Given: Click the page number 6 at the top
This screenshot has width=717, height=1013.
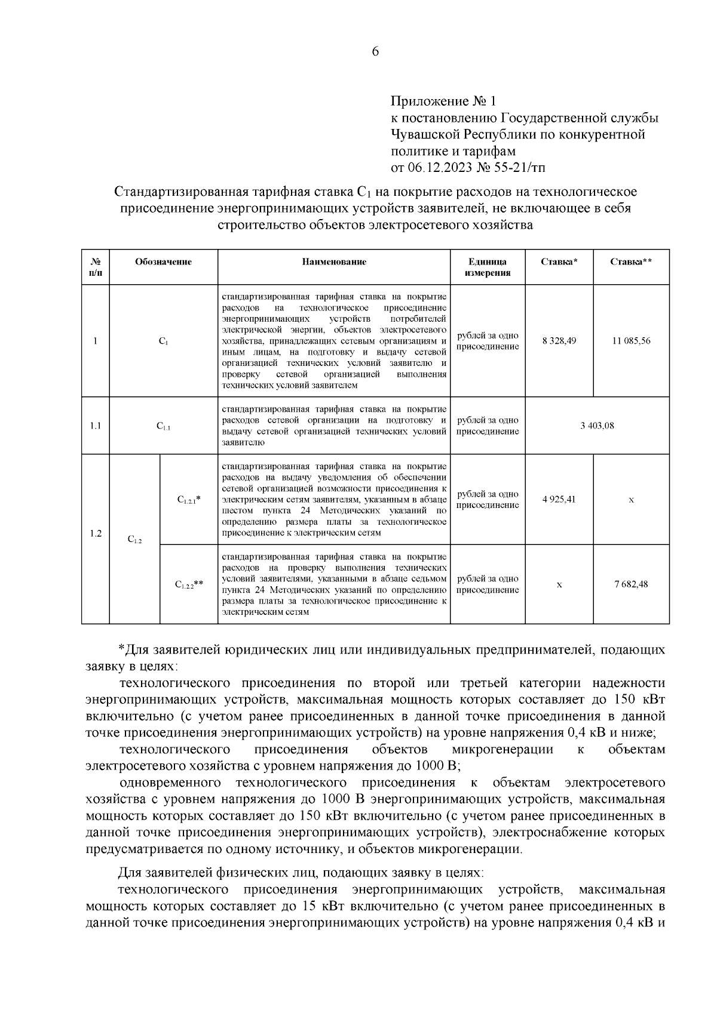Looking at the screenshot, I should [375, 52].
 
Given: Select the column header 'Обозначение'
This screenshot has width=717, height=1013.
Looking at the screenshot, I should [163, 262].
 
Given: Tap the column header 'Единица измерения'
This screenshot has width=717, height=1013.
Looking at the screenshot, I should [487, 267].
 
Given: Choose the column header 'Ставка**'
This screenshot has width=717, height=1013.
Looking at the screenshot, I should [630, 262].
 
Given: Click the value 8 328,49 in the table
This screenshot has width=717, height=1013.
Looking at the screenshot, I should [559, 341].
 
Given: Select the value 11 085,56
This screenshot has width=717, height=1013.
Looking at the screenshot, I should [631, 341].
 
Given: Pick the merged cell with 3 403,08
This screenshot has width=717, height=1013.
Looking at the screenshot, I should [596, 426].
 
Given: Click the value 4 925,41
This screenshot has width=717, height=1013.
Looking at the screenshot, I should [559, 500].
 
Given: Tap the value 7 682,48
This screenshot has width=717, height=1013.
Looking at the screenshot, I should [630, 584].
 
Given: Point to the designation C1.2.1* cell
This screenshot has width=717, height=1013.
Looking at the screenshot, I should [189, 500].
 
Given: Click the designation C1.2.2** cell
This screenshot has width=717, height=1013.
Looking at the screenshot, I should [189, 585].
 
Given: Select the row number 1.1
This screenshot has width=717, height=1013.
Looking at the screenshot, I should [96, 426].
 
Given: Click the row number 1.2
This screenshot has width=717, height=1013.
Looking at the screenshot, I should [96, 534].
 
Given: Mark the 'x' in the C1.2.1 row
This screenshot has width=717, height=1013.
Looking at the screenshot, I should [631, 500].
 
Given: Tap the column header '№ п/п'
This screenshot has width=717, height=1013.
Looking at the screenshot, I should [96, 267].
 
